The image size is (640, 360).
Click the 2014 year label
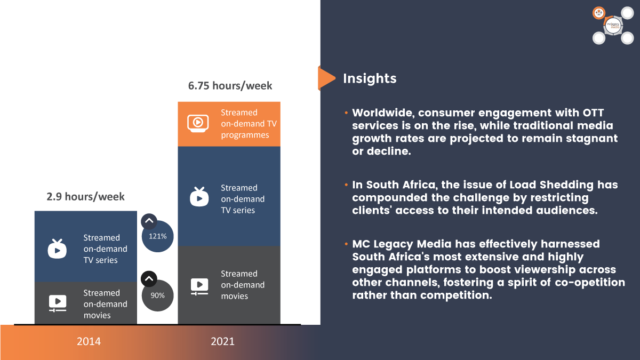click(89, 341)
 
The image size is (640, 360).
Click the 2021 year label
click(222, 341)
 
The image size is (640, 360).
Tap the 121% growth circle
click(158, 236)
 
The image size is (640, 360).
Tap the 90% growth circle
click(158, 295)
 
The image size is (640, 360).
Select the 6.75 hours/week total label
click(230, 86)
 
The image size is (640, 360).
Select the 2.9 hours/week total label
click(85, 197)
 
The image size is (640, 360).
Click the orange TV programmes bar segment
click(229, 124)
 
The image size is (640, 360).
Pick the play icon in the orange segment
click(198, 123)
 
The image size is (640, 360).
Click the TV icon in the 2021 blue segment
click(199, 197)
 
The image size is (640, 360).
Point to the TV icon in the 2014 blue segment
click(57, 249)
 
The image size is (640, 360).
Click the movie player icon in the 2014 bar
click(58, 303)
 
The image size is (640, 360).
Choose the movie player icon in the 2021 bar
click(199, 286)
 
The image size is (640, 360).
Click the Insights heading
click(370, 78)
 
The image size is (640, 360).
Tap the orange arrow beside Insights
click(326, 78)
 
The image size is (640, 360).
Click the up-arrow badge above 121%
click(149, 221)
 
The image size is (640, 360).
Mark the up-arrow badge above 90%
click(149, 279)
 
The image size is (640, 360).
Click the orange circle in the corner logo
click(599, 13)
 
